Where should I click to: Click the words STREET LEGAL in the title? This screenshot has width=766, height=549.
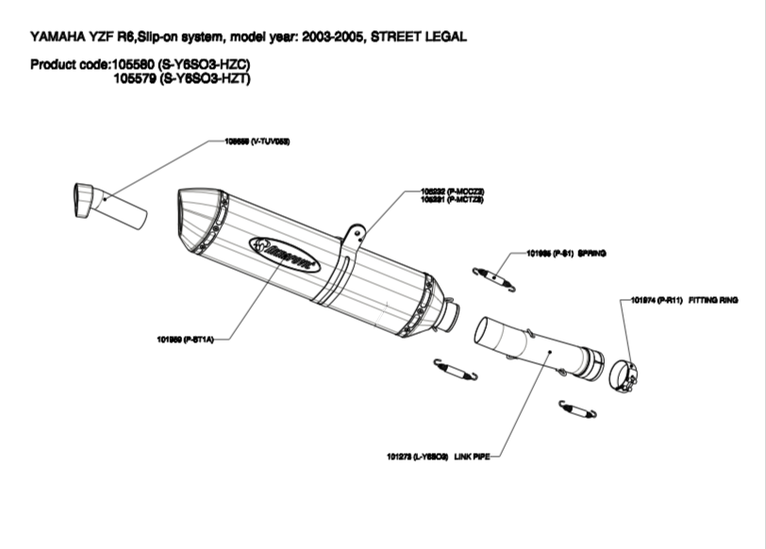pyautogui.click(x=419, y=38)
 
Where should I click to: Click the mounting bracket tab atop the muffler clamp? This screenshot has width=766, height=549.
pyautogui.click(x=354, y=234)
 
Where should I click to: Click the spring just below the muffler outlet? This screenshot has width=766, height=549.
pyautogui.click(x=456, y=369)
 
